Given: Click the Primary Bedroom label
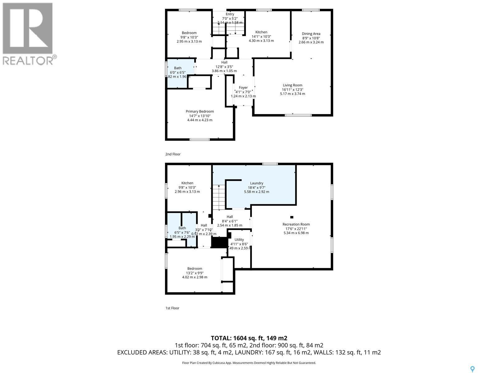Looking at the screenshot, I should tap(200, 111).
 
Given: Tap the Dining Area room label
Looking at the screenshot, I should tap(311, 34).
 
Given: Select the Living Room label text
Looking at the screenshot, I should tap(292, 85).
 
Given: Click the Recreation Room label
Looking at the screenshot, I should tap(296, 224).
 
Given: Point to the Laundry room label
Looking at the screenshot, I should tap(256, 183).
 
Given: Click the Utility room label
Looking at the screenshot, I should tap(239, 240).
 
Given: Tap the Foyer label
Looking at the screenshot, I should tap(243, 88).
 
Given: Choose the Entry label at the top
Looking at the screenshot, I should tap(230, 14).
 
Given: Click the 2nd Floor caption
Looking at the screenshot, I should tap(173, 154).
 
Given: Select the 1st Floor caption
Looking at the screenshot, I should tap(172, 308).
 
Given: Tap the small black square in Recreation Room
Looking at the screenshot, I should tap(292, 217).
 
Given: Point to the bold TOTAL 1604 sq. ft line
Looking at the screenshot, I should tap(249, 338).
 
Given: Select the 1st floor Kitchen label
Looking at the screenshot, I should tap(187, 183).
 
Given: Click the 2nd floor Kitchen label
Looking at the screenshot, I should tap(261, 32).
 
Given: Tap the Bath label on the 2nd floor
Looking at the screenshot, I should tap(178, 68).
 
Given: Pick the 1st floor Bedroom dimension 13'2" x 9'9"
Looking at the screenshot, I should tap(195, 273).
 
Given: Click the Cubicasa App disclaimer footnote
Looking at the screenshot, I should tap(249, 363).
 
